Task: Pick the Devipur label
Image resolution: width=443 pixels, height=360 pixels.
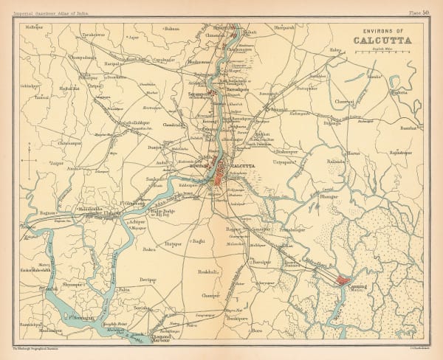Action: tap(148, 280)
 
